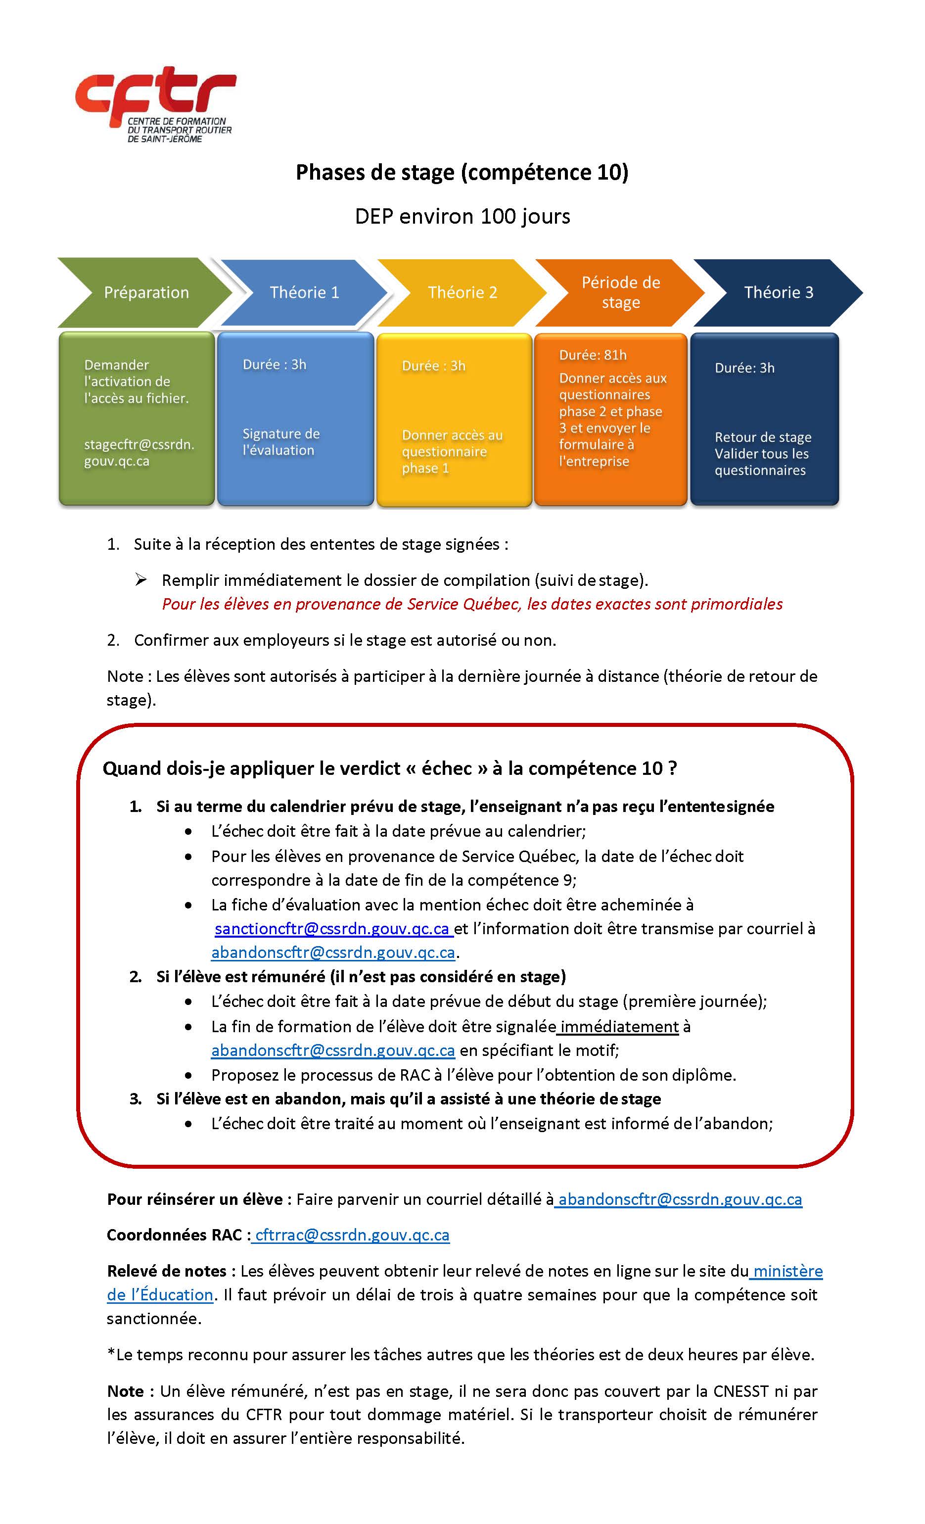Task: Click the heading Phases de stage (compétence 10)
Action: point(462,172)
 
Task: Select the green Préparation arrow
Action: point(146,292)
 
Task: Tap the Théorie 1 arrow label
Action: point(304,292)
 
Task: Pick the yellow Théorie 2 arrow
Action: point(462,292)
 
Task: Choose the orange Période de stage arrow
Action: point(621,292)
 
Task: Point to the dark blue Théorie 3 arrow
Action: point(779,292)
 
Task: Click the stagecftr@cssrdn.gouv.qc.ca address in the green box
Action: point(139,453)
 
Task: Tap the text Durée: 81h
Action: point(593,355)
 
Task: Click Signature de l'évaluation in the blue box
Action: point(281,441)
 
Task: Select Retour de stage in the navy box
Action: point(762,437)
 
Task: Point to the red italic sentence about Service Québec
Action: point(472,604)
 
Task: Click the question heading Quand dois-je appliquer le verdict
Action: point(390,768)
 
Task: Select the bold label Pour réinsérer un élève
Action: point(195,1199)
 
